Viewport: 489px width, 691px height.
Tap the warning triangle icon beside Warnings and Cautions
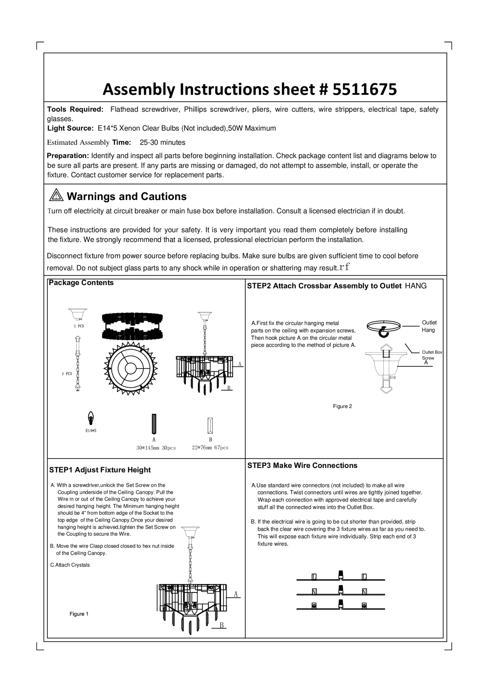tap(56, 195)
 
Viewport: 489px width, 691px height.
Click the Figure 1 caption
tap(79, 614)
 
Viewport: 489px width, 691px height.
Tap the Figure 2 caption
tap(342, 406)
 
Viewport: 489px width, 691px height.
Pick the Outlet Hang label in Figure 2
tap(429, 326)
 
